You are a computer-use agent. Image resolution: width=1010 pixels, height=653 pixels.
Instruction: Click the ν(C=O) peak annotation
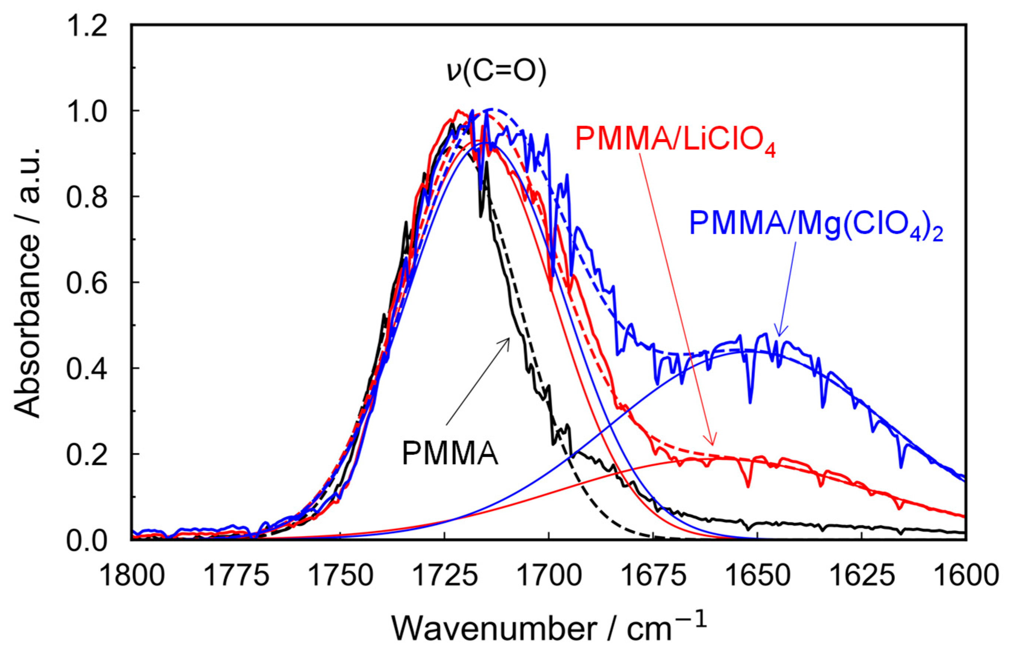[x=496, y=73]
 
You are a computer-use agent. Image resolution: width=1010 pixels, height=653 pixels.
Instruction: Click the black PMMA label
[x=450, y=454]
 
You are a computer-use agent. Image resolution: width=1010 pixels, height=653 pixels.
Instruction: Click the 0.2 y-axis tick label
[x=87, y=454]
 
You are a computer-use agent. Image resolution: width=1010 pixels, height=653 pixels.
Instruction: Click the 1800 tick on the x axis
[x=132, y=577]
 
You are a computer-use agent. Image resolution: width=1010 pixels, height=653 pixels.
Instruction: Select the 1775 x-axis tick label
[x=236, y=577]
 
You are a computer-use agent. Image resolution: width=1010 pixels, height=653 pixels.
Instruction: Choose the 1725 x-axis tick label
[x=445, y=577]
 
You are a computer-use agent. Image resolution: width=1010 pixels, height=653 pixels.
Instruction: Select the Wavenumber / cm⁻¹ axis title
[x=549, y=630]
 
